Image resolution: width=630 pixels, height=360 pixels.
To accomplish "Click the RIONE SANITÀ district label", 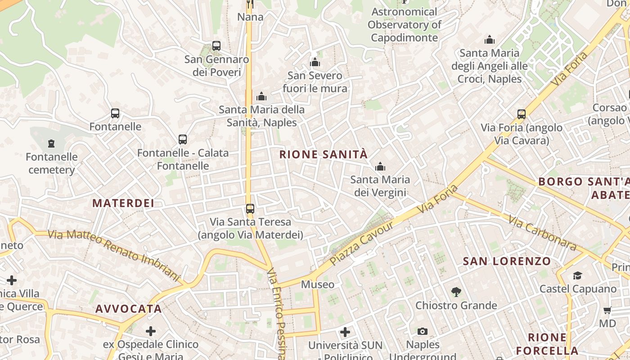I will (x=323, y=155).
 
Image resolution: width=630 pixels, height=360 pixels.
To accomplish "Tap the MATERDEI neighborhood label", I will (x=123, y=203).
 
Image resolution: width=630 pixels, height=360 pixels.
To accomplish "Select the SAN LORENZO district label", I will (x=507, y=261).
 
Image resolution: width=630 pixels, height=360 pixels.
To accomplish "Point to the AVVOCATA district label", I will (x=128, y=309).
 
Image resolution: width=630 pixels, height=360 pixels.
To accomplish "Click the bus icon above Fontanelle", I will (x=115, y=113).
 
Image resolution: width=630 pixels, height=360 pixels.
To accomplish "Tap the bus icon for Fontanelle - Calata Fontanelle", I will (x=182, y=139).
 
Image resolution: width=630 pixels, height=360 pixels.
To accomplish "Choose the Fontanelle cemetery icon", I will (x=51, y=144).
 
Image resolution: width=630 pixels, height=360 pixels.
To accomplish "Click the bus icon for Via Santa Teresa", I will (x=250, y=209).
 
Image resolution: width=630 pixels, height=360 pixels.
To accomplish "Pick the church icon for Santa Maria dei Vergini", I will (x=380, y=167).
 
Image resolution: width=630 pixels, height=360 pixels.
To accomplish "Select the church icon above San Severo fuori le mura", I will (x=315, y=62).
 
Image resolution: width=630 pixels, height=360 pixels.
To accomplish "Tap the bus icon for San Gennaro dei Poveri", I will (x=216, y=46).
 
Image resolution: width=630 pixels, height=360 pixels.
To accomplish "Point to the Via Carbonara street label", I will (x=542, y=233).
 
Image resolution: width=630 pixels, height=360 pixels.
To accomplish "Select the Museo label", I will (x=318, y=284).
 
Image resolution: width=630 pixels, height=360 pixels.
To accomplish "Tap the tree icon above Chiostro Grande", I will (x=456, y=292).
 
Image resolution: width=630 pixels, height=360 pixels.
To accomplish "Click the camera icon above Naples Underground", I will (x=422, y=332).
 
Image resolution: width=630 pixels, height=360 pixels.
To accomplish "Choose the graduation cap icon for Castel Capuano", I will (x=577, y=275).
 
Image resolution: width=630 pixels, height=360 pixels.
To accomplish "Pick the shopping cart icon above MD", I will (x=607, y=310).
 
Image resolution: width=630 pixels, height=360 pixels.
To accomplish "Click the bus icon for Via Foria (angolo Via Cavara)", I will (x=522, y=114).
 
